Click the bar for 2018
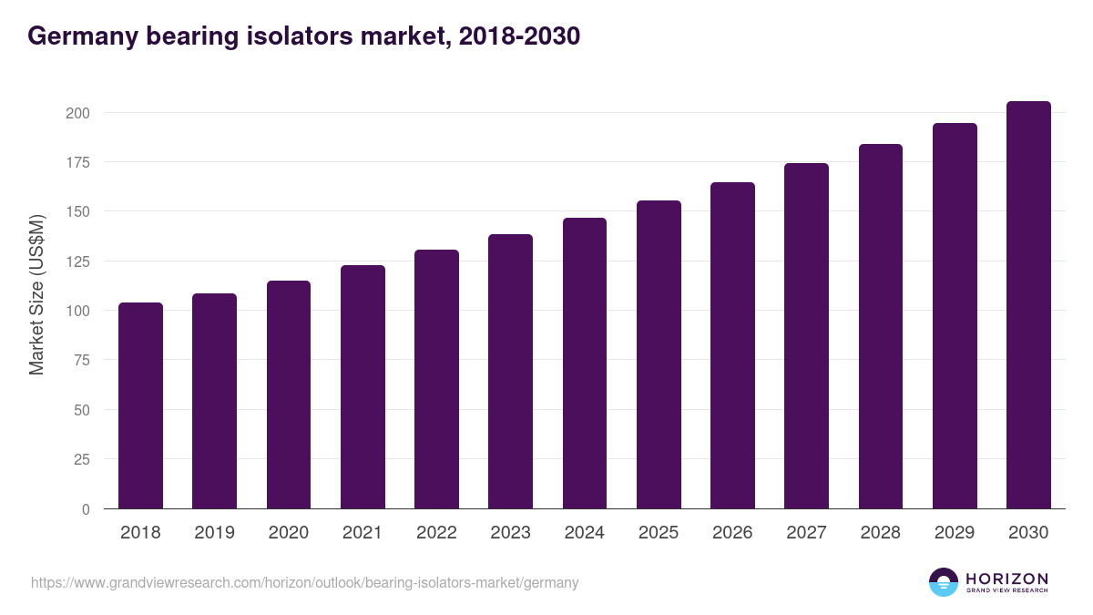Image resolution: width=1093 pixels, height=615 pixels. (x=140, y=405)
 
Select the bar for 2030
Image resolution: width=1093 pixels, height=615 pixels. (x=1028, y=305)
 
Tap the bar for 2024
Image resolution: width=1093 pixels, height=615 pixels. (x=585, y=364)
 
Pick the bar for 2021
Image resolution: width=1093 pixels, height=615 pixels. (x=363, y=387)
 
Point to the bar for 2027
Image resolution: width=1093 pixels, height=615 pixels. (x=806, y=336)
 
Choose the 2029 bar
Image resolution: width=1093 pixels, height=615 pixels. (x=955, y=316)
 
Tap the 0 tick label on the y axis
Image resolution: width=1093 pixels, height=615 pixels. (x=86, y=509)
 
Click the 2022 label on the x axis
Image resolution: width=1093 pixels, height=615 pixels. (x=436, y=533)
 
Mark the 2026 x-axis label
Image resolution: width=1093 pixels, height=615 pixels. (x=732, y=533)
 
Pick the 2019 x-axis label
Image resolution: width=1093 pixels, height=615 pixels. (x=214, y=533)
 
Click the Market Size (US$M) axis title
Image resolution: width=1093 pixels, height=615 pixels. (x=36, y=293)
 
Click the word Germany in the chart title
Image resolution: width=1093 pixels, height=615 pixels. (x=77, y=36)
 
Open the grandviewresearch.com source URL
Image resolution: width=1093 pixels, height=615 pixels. (x=304, y=582)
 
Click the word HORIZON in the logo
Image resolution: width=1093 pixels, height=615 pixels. (x=1006, y=578)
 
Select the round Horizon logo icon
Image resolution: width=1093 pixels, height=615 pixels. (x=944, y=582)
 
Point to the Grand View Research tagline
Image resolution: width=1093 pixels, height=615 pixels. (x=1006, y=590)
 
